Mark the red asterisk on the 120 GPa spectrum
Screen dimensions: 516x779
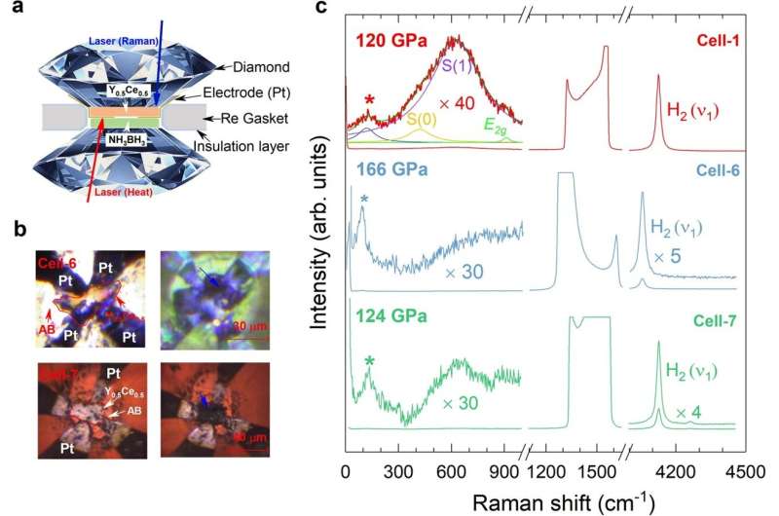tap(369, 101)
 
